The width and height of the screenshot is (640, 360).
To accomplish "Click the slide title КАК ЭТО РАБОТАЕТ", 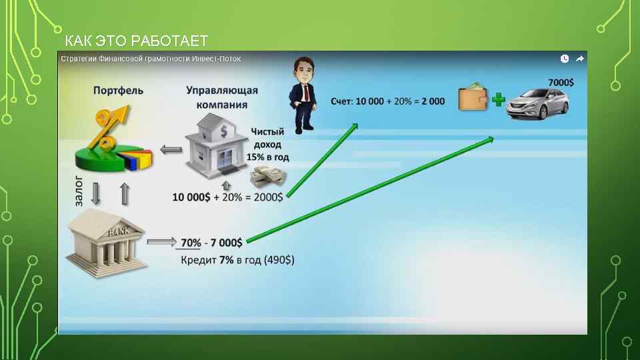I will tap(136, 40).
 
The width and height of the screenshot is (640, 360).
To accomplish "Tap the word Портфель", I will tap(118, 91).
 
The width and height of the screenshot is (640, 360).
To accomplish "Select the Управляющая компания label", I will tap(221, 97).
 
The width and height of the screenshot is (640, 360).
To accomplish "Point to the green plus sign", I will tap(499, 101).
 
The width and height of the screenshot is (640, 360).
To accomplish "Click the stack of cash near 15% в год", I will tap(268, 178).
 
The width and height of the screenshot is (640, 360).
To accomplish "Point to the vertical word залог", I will tap(78, 191).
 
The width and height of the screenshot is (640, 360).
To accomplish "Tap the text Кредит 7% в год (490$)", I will tap(237, 259).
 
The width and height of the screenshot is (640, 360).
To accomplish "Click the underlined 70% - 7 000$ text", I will tap(211, 241).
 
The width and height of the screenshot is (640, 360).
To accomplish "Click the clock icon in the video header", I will tap(565, 59).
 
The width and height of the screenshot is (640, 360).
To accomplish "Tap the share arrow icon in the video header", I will tap(579, 59).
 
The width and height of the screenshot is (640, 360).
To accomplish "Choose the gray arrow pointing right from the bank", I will tap(161, 243).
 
